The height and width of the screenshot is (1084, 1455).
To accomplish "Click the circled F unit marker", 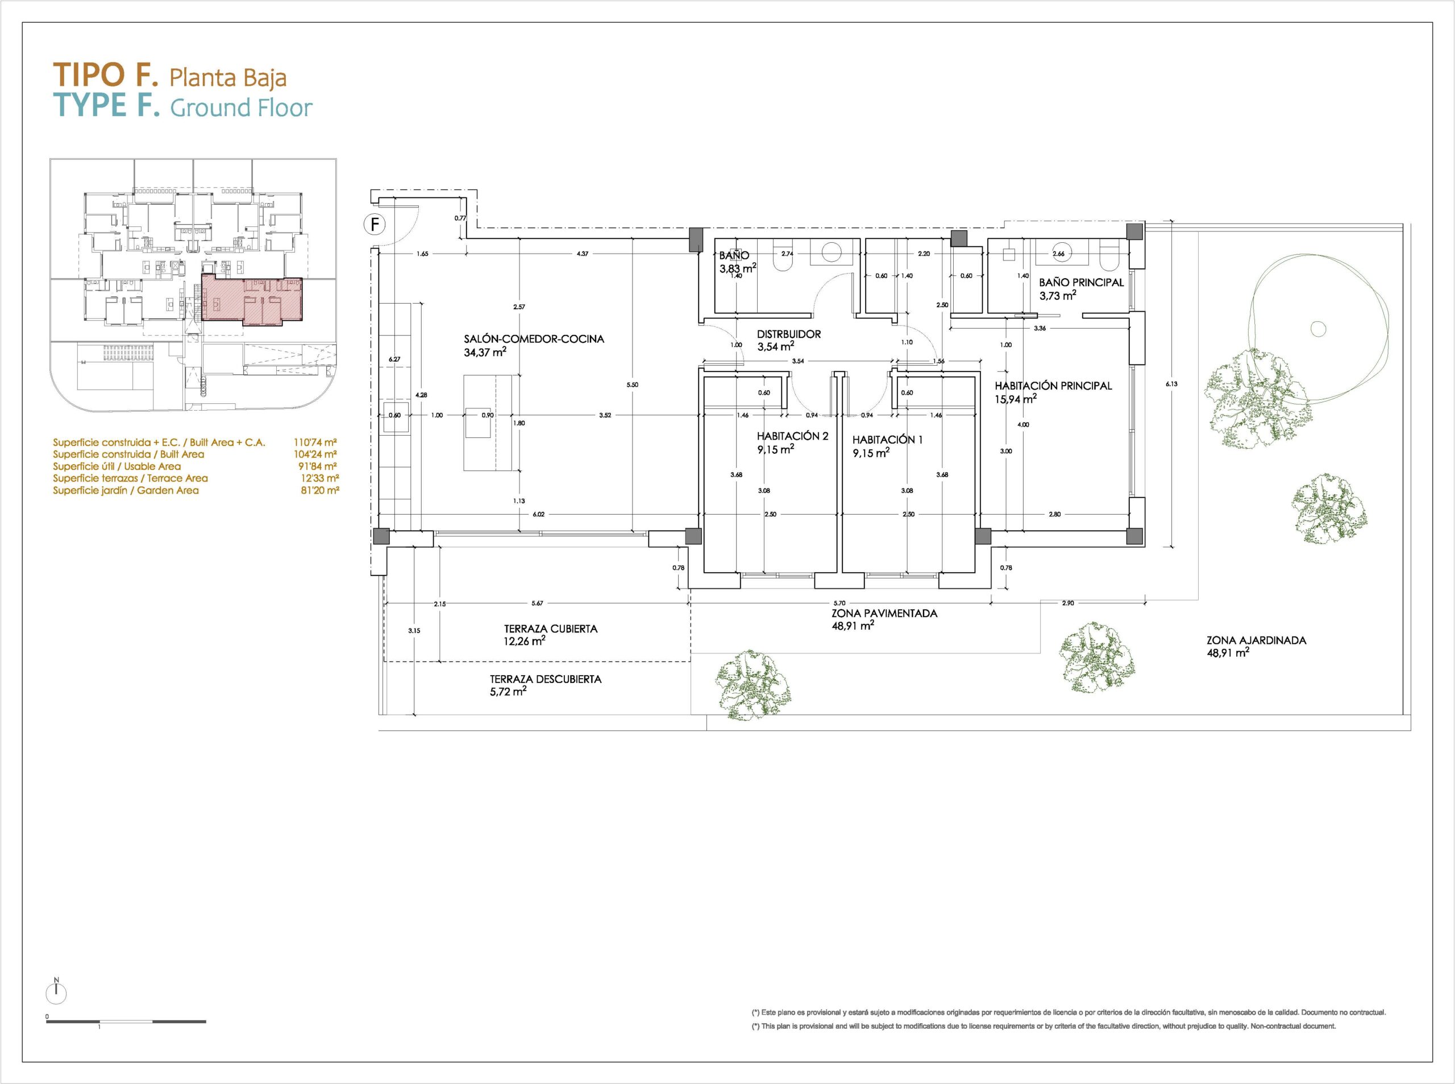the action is point(375,225).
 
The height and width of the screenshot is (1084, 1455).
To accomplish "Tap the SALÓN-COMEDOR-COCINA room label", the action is point(534,339).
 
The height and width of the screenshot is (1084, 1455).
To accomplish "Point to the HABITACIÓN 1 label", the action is point(887,440).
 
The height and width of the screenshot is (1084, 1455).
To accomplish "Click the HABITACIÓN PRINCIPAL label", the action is point(1053,386).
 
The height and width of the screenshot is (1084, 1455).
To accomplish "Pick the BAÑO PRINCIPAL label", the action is point(1081,282).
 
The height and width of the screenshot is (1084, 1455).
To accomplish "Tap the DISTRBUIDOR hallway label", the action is point(789,334).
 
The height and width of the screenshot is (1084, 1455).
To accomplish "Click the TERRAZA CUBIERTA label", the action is point(551,628).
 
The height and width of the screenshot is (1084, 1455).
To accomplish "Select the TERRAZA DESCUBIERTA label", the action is point(546,679).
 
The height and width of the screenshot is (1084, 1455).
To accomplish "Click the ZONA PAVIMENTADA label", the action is point(884,614).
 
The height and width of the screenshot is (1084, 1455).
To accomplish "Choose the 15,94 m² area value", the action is point(1016,399).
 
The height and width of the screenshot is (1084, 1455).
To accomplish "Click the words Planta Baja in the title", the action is point(228,78).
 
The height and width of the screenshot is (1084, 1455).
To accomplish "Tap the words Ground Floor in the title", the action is point(242,107).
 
